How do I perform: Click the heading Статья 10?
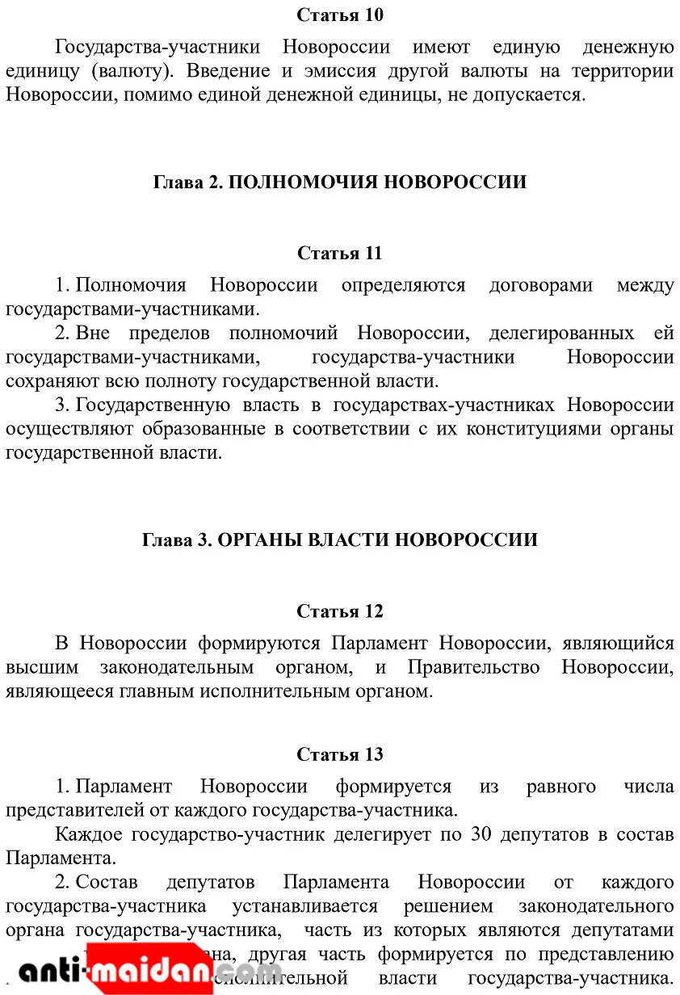[339, 15]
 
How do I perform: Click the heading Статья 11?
[339, 254]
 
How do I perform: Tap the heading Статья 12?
[339, 611]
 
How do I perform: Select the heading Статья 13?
[339, 755]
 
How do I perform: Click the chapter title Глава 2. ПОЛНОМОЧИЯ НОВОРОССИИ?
[339, 183]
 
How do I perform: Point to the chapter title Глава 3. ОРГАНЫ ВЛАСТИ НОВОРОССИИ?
[339, 540]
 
